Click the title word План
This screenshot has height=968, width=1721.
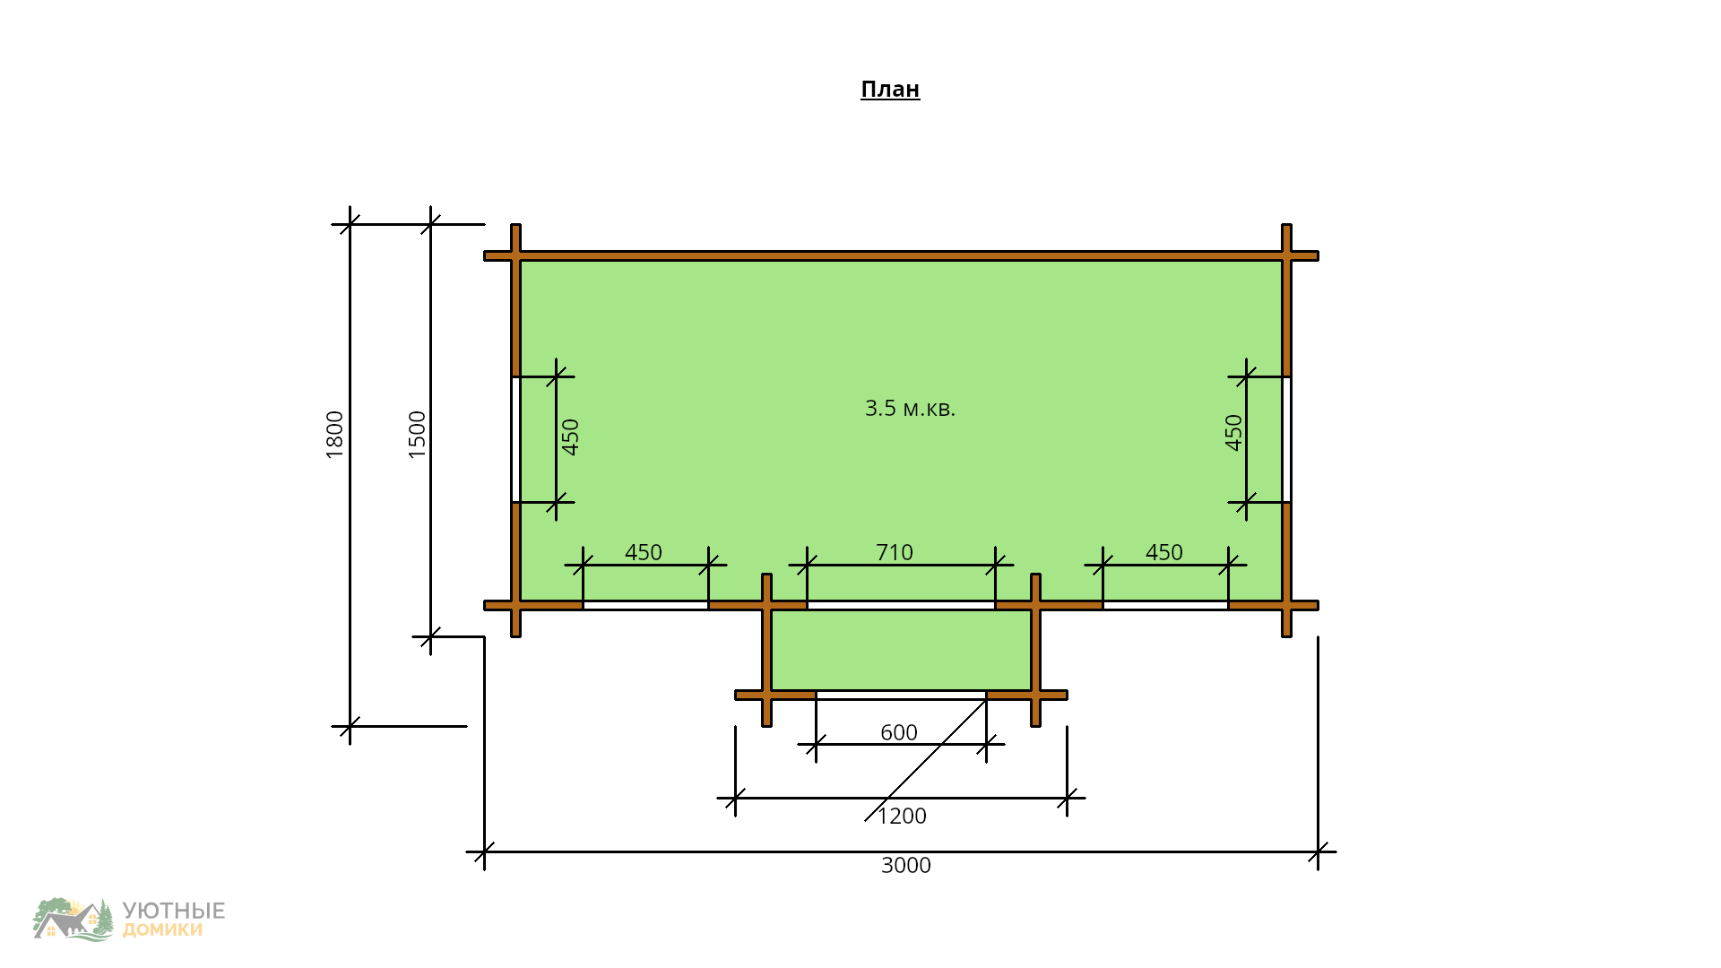[x=890, y=89]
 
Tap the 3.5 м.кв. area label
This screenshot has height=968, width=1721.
[x=910, y=408]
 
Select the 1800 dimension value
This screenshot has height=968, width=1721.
[x=334, y=435]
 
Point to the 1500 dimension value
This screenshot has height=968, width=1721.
[x=418, y=435]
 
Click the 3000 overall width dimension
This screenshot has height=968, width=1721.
[x=906, y=865]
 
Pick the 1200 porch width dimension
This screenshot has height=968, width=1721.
[x=902, y=816]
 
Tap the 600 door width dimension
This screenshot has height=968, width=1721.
[x=899, y=732]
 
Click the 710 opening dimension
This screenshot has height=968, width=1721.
[x=895, y=552]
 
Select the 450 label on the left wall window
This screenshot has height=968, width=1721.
[x=571, y=437]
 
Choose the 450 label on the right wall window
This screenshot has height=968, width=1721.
[x=1234, y=432]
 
